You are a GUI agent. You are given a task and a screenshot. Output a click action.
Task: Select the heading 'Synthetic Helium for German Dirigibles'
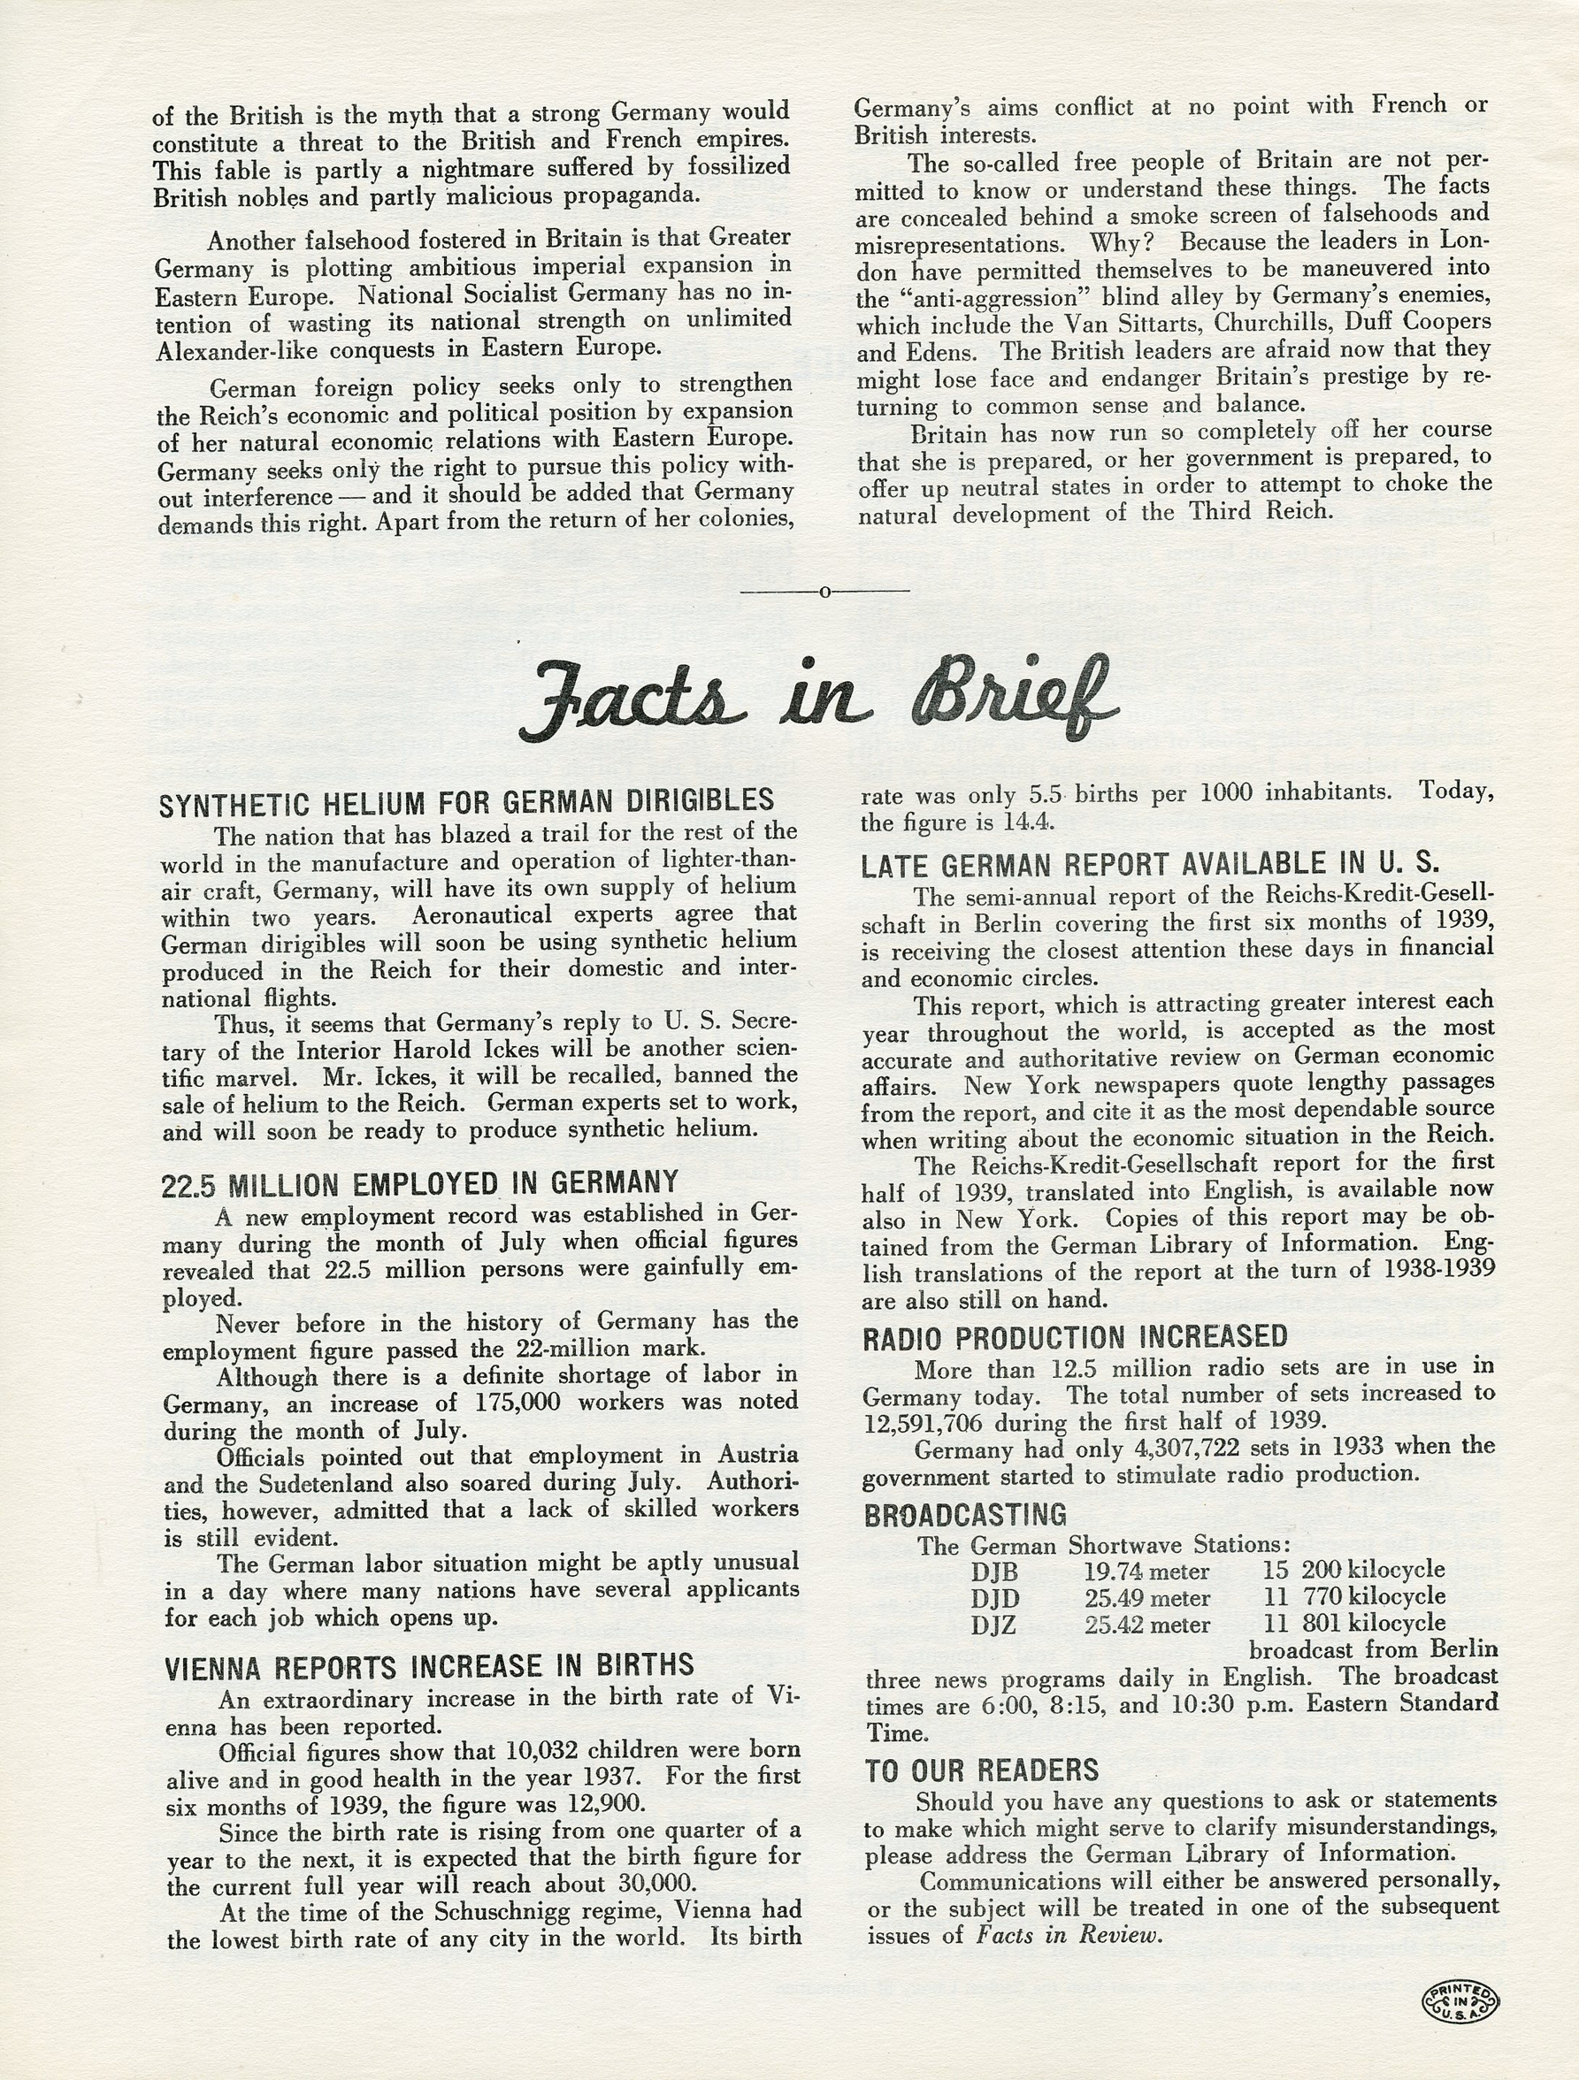466,802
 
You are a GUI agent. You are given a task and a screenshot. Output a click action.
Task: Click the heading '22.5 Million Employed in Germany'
419,1184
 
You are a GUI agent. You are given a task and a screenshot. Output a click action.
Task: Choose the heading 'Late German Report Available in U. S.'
1149,864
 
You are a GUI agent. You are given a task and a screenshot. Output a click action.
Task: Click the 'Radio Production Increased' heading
1075,1338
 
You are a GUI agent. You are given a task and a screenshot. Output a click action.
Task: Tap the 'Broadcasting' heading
965,1515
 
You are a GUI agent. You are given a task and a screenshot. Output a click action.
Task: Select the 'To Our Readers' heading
982,1770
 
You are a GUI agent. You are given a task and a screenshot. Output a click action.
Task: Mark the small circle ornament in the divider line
825,592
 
